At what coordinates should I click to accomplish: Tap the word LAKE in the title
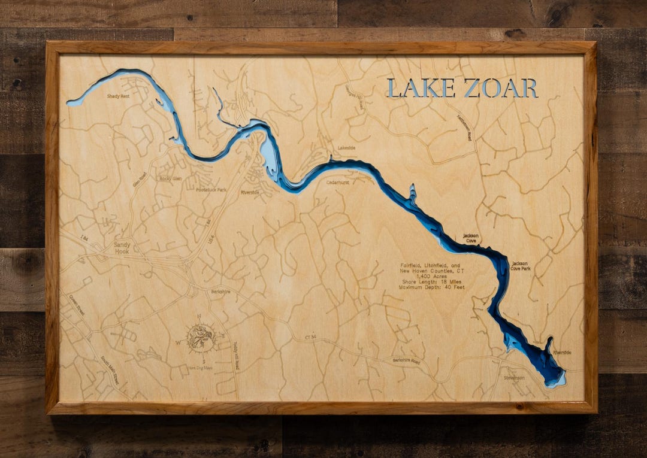413,88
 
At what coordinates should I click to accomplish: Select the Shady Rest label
119,96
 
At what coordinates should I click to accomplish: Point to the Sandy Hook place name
122,247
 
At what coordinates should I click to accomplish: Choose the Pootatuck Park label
211,189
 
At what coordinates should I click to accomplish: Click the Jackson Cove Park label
521,266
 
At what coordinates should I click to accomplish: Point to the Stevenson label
514,378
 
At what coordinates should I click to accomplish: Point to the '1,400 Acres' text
431,277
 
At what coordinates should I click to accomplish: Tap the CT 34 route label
309,338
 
